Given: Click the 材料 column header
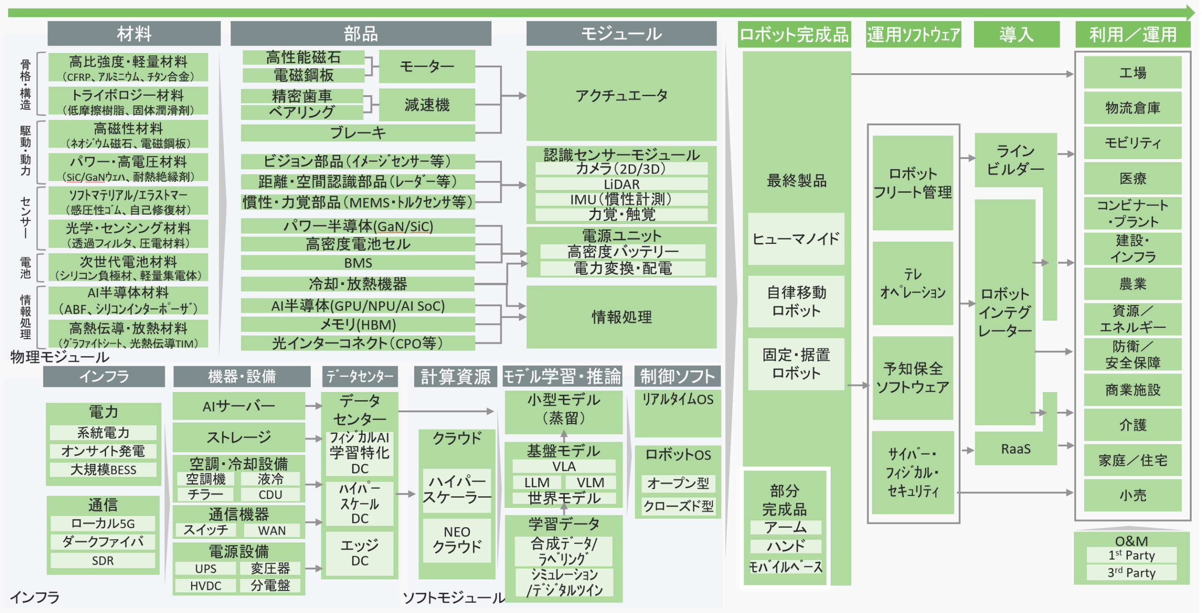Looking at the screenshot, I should coord(134,34).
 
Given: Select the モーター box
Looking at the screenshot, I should coord(426,66).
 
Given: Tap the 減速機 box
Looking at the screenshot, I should coord(426,105).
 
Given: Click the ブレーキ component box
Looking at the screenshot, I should coord(357,133).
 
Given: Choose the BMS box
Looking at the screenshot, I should coord(357,263).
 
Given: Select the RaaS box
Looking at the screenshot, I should coord(1015,449).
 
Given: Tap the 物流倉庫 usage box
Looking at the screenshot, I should coord(1132,108).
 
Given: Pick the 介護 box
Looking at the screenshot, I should coord(1132,425).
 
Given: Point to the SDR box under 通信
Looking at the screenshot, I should coord(102,560).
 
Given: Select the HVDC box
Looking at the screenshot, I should coord(205,586).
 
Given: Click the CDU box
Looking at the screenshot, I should coord(270,494).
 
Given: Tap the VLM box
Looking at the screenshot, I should coord(590,482).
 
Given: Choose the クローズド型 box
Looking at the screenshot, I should coord(678,506).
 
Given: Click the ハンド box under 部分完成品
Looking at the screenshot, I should coord(785,546).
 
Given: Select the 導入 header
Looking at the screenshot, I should coord(1016,34).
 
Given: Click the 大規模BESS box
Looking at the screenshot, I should coord(103,469).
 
